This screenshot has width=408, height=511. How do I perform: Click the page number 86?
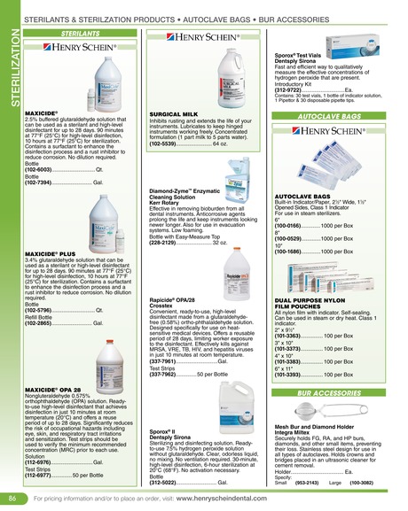(x=12, y=499)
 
